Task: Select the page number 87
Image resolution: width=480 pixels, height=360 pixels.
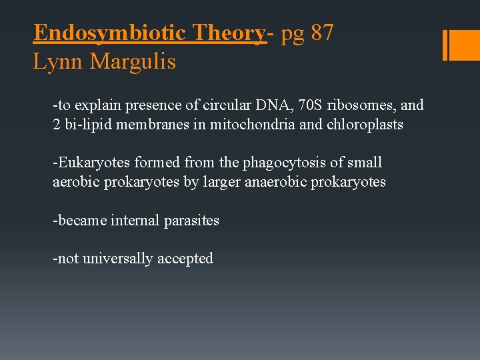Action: tap(322, 33)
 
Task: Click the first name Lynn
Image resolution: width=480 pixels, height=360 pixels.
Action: tap(59, 62)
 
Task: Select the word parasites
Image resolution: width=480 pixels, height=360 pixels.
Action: tap(191, 220)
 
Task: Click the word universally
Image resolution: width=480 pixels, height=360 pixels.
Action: tap(118, 259)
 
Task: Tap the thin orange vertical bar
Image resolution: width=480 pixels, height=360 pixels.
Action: tap(445, 45)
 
